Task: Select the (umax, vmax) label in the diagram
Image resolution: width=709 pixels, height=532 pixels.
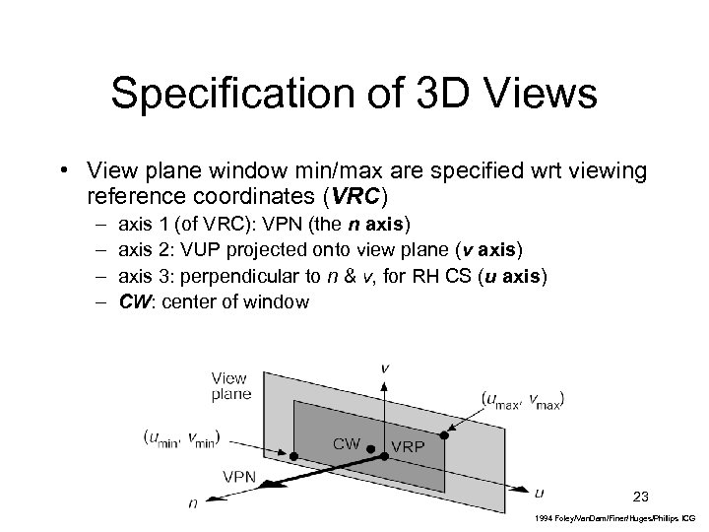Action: pyautogui.click(x=523, y=399)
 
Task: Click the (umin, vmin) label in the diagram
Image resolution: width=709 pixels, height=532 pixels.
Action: pyautogui.click(x=182, y=437)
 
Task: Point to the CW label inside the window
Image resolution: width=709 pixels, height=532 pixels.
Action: pyautogui.click(x=347, y=443)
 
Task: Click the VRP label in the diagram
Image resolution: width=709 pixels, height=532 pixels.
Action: pyautogui.click(x=409, y=445)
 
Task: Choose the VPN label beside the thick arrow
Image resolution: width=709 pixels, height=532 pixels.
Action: pyautogui.click(x=240, y=475)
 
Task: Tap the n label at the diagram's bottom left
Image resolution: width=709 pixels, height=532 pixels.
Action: pyautogui.click(x=192, y=503)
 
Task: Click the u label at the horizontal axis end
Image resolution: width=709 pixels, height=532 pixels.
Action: pyautogui.click(x=538, y=491)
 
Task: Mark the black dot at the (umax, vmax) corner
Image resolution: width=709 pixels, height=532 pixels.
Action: pyautogui.click(x=445, y=434)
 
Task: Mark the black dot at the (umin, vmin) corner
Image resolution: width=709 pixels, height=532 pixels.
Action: pyautogui.click(x=293, y=455)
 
